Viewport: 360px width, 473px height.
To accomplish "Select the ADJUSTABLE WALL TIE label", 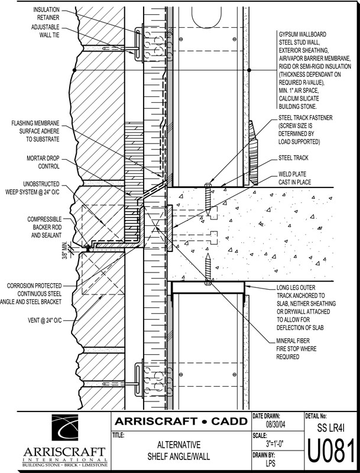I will point(49,31).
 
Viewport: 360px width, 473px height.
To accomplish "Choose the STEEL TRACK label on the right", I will point(294,158).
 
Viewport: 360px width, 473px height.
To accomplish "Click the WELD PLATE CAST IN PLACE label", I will point(298,180).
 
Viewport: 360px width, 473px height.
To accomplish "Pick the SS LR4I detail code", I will point(331,427).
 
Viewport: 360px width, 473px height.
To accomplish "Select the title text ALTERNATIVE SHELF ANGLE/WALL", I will point(179,451).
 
